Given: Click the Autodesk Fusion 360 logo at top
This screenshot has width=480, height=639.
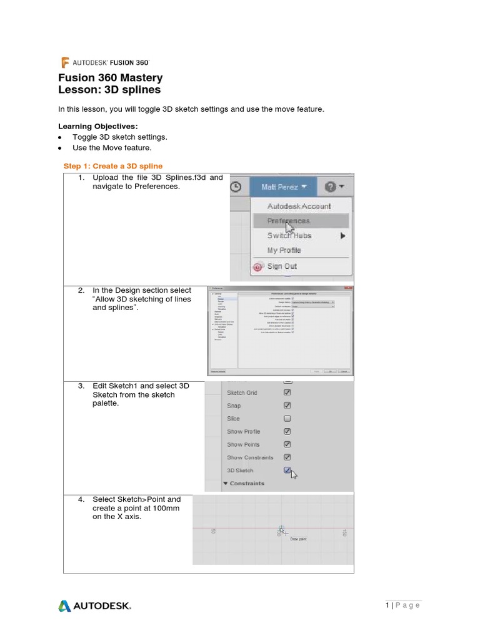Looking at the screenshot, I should point(104,62).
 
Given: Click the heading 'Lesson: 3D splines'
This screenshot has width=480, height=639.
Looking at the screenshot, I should point(109,90).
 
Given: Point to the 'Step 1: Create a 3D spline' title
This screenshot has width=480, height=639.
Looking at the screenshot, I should point(113,166).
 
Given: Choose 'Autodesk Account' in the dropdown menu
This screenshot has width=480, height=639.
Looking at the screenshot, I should point(299,206).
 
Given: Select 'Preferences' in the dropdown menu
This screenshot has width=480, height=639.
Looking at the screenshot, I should point(288,221).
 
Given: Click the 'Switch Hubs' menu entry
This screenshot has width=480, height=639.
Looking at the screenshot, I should point(289,235).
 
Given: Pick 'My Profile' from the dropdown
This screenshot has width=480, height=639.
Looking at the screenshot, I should point(284,250).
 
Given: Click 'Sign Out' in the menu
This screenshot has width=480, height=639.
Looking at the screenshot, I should point(282,266).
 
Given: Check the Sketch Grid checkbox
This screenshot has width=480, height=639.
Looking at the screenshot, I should point(287,393).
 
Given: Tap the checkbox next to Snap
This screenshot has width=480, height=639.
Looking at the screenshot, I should point(287,406).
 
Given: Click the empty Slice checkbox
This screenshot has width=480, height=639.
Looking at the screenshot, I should point(287,419).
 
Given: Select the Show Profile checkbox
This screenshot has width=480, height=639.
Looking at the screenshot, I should point(287,431).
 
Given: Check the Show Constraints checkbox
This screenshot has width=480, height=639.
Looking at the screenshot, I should point(287,457).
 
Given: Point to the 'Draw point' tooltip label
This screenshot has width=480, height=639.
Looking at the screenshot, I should point(298,539).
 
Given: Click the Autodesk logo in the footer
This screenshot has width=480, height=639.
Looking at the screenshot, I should point(94,606).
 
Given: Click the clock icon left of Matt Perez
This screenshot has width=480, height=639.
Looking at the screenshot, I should point(235,187).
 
